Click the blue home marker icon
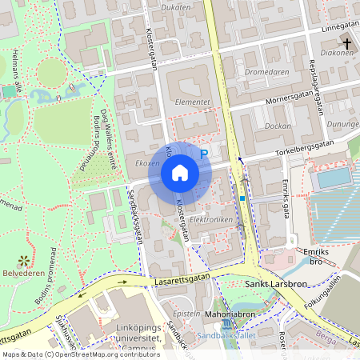180,171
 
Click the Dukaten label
176,8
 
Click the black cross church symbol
346,42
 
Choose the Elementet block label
192,102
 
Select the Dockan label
278,126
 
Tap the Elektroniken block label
213,218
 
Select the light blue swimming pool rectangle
330,178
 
